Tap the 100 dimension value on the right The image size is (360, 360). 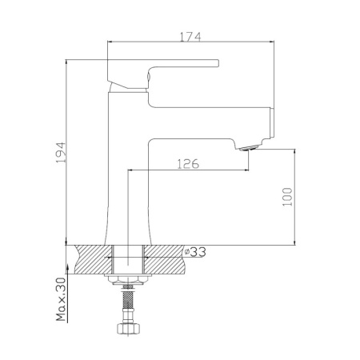[289, 195]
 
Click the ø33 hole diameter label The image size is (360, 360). [196, 251]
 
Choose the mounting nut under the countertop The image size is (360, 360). [128, 281]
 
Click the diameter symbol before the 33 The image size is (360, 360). [187, 251]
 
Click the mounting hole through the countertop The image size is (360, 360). [128, 259]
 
